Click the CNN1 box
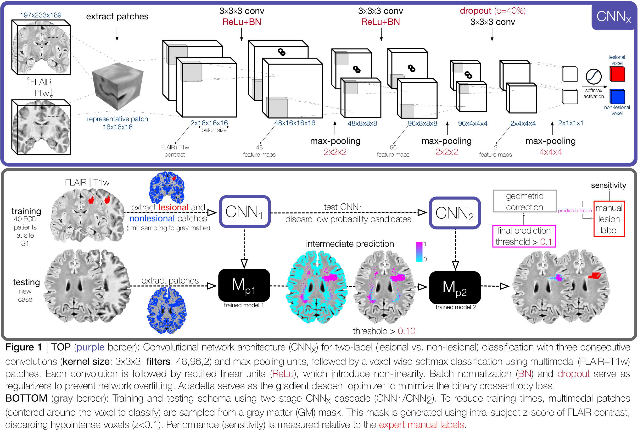point(245,211)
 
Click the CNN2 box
point(455,213)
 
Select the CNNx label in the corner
point(614,16)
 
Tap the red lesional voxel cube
point(617,74)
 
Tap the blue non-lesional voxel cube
point(617,96)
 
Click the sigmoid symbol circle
point(593,76)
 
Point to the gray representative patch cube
point(118,86)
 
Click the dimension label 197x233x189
point(41,15)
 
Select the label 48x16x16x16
point(295,123)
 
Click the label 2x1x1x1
point(571,123)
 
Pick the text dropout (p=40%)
point(492,11)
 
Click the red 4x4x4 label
point(551,152)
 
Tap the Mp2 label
point(454,288)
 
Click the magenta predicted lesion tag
point(575,211)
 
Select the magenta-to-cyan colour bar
point(419,251)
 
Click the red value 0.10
point(406,331)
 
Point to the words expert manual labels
point(421,425)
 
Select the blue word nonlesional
point(152,218)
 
